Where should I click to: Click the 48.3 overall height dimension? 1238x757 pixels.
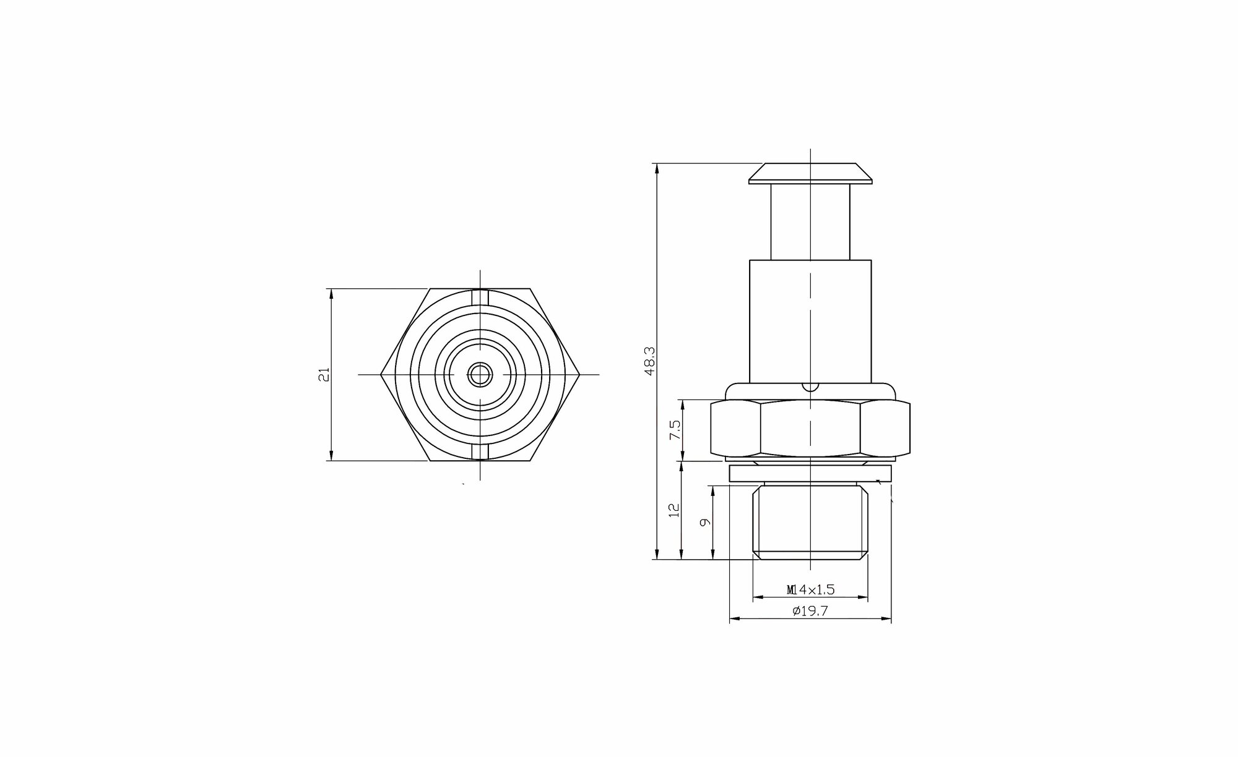[649, 361]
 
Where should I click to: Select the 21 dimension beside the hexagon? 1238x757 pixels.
[325, 374]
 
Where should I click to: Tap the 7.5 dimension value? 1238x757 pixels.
[675, 430]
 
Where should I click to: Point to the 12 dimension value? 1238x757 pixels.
[675, 510]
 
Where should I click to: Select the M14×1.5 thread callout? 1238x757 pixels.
[810, 590]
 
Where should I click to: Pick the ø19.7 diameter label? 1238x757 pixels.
[810, 611]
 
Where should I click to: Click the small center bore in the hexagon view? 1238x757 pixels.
[480, 374]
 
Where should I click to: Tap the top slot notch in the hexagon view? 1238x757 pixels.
[480, 297]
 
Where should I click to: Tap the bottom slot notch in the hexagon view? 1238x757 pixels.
[480, 452]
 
